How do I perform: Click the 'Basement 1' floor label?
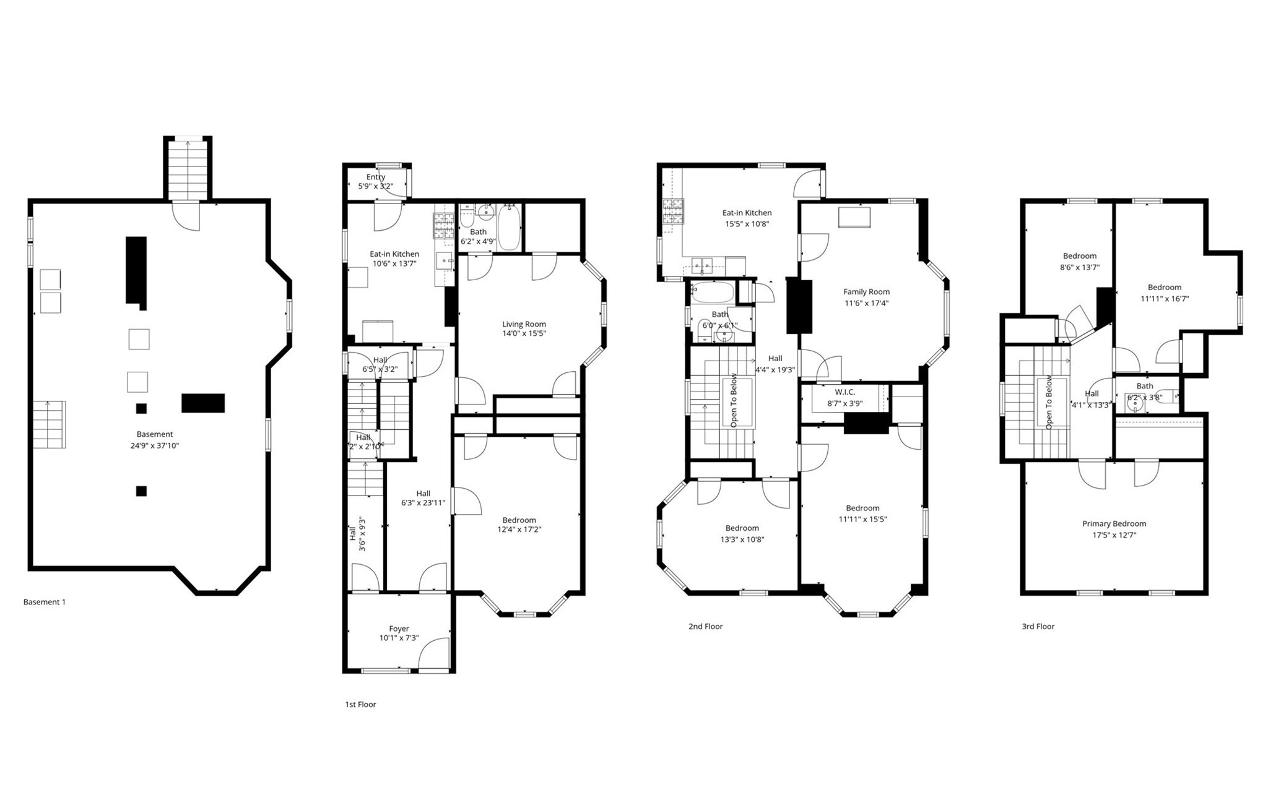click(44, 602)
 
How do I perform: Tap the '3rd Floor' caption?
click(1038, 626)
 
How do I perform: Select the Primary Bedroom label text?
click(1114, 523)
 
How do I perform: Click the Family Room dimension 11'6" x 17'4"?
click(866, 303)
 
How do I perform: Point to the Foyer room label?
click(399, 629)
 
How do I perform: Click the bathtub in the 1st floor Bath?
click(509, 227)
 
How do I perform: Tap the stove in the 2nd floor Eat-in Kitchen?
click(672, 211)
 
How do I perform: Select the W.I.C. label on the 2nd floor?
click(845, 392)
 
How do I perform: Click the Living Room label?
click(524, 324)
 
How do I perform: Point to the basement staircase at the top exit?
click(188, 169)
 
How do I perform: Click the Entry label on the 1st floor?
click(375, 177)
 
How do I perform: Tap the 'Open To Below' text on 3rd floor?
click(1049, 402)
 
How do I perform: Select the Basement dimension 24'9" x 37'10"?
click(155, 445)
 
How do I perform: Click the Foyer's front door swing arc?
click(433, 654)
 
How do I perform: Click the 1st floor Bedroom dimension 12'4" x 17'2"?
click(519, 530)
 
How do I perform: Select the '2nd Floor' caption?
click(705, 626)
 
